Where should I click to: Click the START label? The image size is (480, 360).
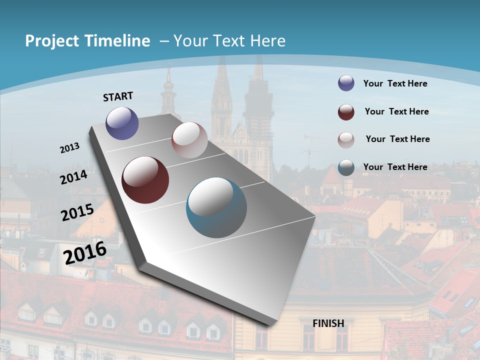[x=118, y=96]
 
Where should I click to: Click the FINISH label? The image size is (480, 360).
[x=328, y=323]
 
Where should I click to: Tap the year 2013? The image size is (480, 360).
[x=70, y=148]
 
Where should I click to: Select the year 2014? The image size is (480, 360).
[x=74, y=177]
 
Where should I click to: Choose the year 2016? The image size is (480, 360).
[x=85, y=253]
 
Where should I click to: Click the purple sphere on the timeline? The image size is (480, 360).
[x=122, y=123]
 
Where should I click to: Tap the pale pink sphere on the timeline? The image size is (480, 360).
[x=189, y=140]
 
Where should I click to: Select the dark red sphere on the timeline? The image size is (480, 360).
[x=145, y=180]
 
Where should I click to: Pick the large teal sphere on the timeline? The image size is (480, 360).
[x=216, y=207]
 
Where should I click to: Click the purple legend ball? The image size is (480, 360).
[x=346, y=83]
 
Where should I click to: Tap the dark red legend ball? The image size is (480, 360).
[x=346, y=112]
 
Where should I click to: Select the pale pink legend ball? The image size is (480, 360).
[x=346, y=140]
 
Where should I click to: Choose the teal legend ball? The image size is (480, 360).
[x=346, y=167]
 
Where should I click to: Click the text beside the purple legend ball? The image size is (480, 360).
[x=395, y=83]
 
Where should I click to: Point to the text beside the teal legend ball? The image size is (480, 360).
[x=395, y=167]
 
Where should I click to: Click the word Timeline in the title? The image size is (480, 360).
[x=118, y=41]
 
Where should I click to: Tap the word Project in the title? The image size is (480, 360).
[x=52, y=41]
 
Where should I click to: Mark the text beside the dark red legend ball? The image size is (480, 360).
[x=396, y=111]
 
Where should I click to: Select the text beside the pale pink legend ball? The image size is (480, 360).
[x=397, y=139]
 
